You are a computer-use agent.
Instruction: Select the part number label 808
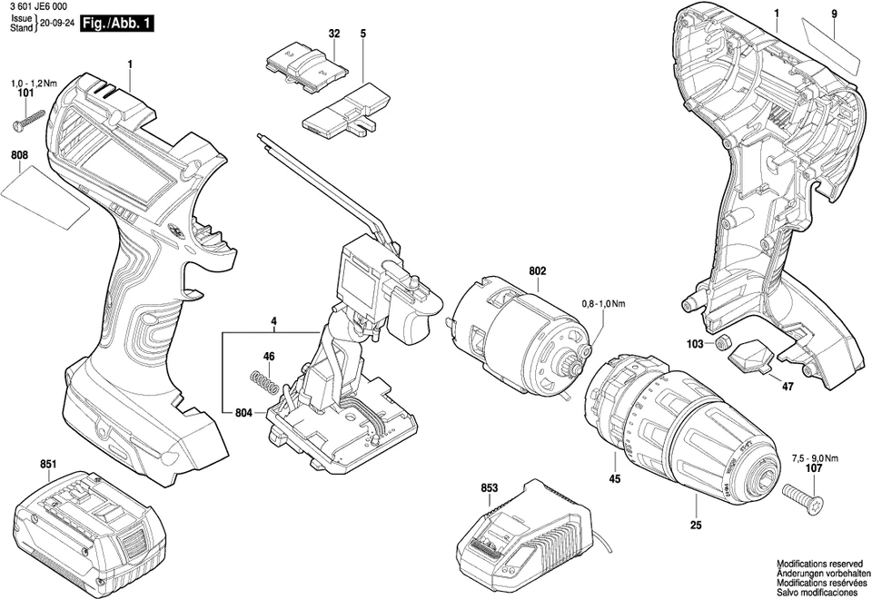(x=19, y=155)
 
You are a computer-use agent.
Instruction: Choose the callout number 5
(x=362, y=34)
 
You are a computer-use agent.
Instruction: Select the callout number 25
(x=696, y=525)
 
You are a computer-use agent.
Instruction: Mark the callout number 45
(x=615, y=479)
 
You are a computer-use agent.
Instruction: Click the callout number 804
(x=242, y=413)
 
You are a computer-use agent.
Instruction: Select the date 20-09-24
(x=56, y=24)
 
